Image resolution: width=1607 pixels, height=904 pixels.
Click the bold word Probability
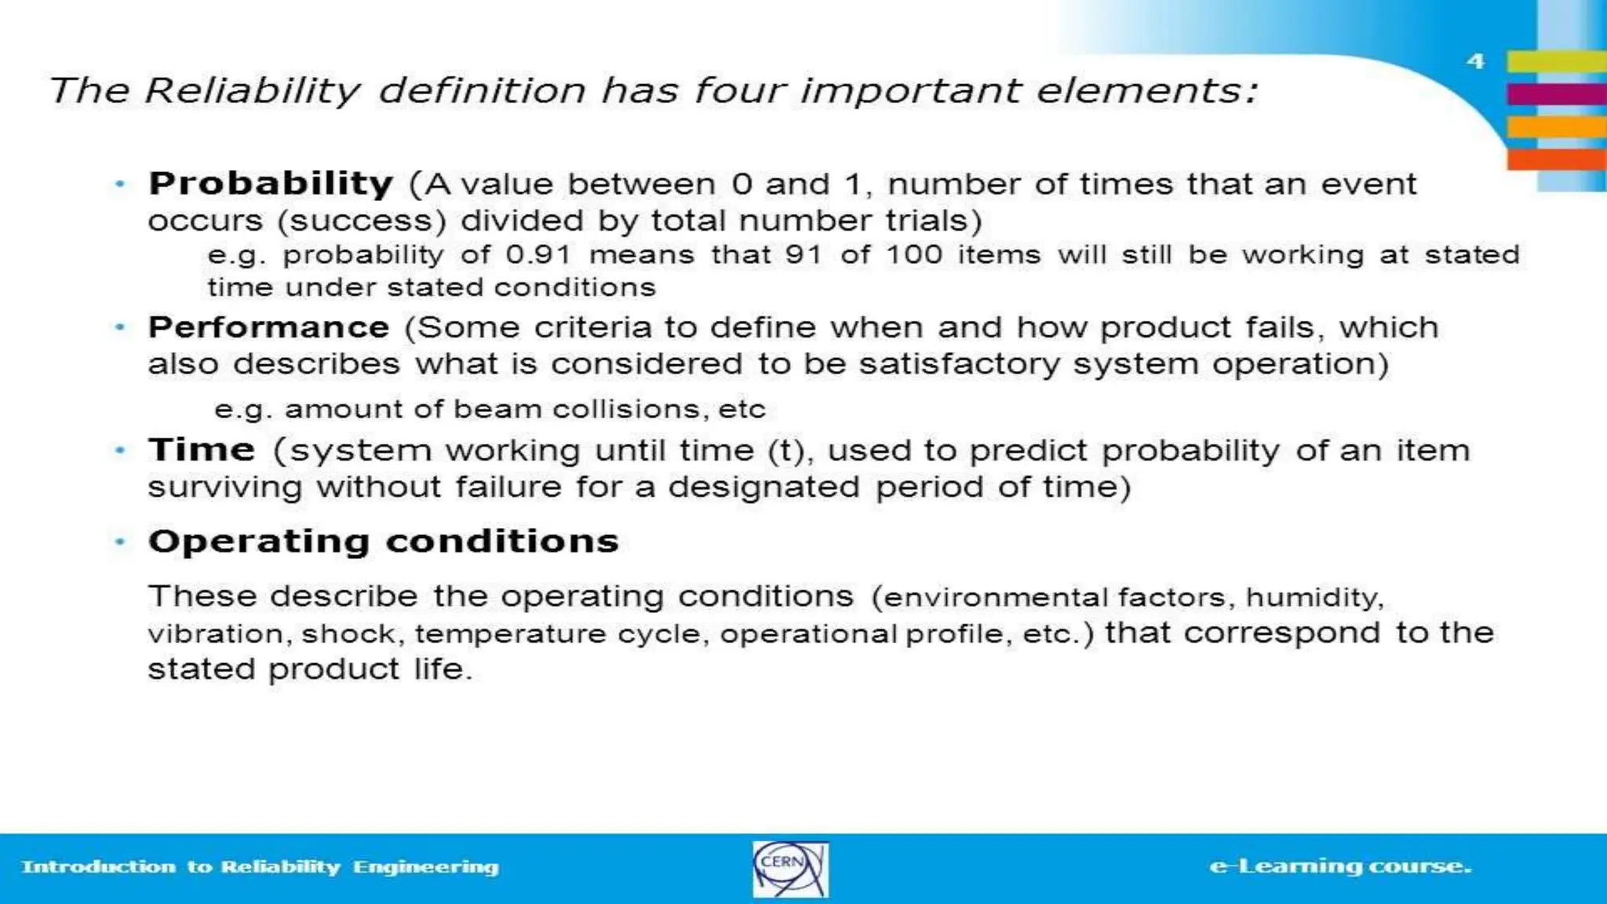click(x=271, y=184)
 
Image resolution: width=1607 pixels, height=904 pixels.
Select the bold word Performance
click(x=268, y=327)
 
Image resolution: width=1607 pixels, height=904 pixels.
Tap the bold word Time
click(x=202, y=450)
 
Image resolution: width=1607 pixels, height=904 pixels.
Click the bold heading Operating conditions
click(x=384, y=541)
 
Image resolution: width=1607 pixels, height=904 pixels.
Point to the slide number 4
click(x=1475, y=61)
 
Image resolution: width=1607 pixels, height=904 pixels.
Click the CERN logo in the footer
click(x=789, y=869)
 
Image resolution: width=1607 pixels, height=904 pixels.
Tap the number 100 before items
click(x=913, y=255)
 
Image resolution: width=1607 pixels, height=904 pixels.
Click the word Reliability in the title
click(x=252, y=91)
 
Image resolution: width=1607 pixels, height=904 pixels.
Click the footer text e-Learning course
click(x=1340, y=866)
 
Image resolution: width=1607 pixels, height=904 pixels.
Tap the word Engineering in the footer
click(x=425, y=867)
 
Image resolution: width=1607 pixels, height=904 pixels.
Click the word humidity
click(x=1314, y=598)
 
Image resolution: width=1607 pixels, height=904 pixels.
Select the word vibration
click(x=216, y=634)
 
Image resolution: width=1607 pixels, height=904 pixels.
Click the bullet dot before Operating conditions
click(x=120, y=541)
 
